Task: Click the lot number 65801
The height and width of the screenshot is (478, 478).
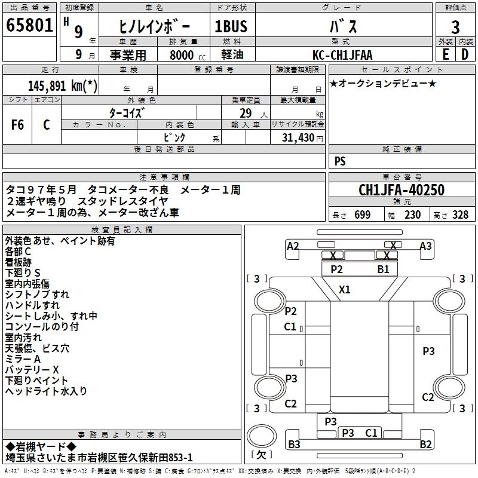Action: coord(29,27)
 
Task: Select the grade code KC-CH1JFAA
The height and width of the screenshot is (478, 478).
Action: coord(342,55)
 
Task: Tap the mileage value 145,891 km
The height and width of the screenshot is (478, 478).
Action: coord(62,85)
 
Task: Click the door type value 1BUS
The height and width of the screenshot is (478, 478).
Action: coord(231,27)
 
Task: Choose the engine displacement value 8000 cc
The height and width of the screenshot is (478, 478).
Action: coord(182,55)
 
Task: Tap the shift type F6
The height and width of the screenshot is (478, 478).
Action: coord(18,124)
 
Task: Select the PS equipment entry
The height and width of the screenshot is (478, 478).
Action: coord(340,161)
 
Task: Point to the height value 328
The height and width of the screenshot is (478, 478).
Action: coord(459,215)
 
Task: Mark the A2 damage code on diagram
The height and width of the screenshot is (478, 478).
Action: coord(293,246)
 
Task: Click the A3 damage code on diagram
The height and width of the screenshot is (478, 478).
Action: coord(425,246)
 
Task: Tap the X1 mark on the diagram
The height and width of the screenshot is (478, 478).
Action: coord(345,290)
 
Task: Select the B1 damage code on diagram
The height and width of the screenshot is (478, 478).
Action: coord(383,269)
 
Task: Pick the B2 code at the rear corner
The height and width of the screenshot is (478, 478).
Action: coord(425,444)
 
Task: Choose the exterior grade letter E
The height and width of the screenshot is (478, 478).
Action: coord(445,54)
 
